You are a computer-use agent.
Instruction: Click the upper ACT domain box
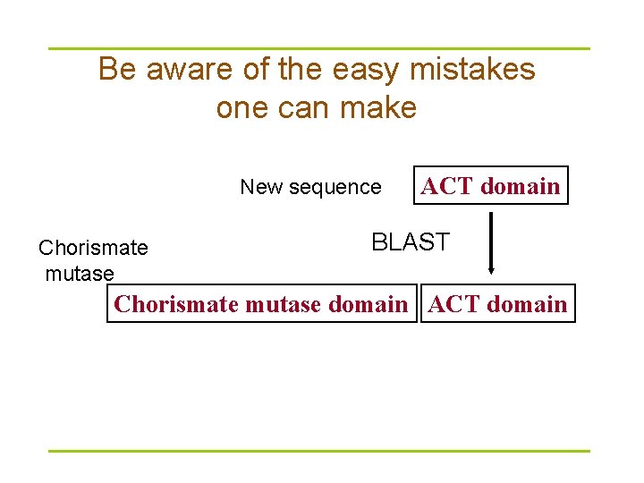(490, 186)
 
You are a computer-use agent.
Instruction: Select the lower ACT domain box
(497, 304)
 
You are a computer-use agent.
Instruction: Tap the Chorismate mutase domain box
(261, 304)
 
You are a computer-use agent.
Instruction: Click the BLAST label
(411, 242)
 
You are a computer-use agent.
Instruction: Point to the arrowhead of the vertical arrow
(490, 269)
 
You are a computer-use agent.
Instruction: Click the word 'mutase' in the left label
(80, 274)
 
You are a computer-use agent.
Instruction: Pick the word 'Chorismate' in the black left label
(93, 248)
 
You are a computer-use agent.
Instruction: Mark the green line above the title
(318, 48)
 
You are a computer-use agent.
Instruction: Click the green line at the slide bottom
(318, 451)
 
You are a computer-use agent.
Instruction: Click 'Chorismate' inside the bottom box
(175, 304)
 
